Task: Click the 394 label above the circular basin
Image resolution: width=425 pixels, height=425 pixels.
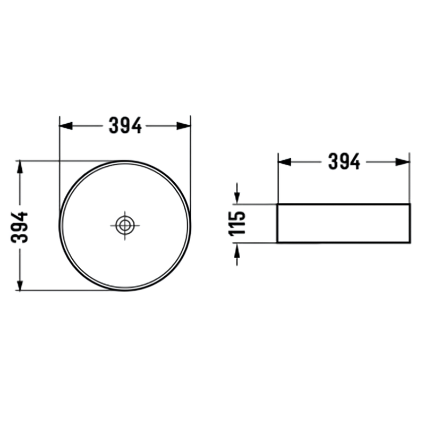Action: pyautogui.click(x=125, y=125)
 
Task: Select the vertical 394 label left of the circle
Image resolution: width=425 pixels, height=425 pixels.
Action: pyautogui.click(x=19, y=227)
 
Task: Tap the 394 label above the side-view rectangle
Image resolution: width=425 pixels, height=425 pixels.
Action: pyautogui.click(x=344, y=161)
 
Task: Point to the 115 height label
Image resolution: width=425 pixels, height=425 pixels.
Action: pyautogui.click(x=237, y=223)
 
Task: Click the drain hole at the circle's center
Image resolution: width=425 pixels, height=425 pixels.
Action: pyautogui.click(x=125, y=225)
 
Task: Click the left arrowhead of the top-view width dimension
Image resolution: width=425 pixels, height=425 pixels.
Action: pyautogui.click(x=66, y=126)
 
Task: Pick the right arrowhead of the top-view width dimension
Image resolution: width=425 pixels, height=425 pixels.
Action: pyautogui.click(x=184, y=126)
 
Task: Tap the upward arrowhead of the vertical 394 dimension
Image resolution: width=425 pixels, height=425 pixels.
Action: pyautogui.click(x=20, y=167)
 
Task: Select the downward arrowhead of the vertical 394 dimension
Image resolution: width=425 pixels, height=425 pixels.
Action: pyautogui.click(x=20, y=284)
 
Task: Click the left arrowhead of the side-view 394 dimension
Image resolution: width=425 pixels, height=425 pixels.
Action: pyautogui.click(x=285, y=162)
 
